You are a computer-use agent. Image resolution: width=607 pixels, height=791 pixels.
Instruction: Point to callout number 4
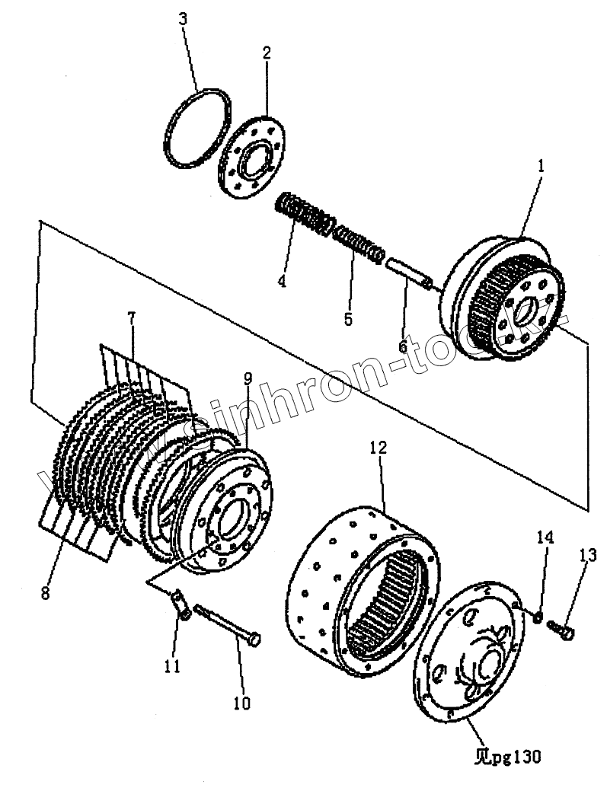282,281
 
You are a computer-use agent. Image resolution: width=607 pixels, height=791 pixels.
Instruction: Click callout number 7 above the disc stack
131,318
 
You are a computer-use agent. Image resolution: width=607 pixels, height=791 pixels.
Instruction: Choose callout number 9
248,378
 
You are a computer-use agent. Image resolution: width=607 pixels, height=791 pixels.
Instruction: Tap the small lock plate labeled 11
181,605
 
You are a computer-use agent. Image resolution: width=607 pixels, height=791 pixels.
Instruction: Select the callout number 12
379,448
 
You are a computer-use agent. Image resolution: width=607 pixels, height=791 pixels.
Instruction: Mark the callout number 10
241,703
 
